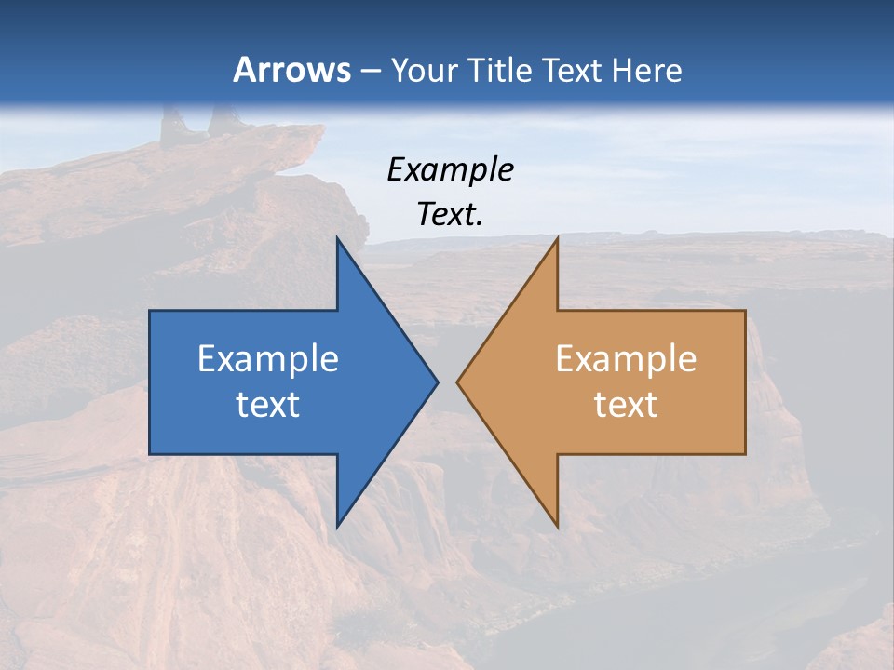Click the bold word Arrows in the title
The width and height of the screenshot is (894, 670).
[291, 70]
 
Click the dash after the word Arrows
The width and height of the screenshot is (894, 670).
[369, 71]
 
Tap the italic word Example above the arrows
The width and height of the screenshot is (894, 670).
[450, 169]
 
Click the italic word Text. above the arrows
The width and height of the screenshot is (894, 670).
[450, 214]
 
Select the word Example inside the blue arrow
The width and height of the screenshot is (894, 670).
[268, 359]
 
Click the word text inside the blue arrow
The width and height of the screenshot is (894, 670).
[268, 404]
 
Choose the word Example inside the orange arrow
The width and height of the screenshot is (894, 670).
[626, 359]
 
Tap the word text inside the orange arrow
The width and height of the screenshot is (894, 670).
[626, 404]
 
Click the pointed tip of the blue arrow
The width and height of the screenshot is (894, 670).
[438, 382]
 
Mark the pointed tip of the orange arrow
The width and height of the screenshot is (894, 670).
[457, 382]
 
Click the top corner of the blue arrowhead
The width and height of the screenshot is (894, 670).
[337, 237]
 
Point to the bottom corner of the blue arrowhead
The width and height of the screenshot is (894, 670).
[337, 528]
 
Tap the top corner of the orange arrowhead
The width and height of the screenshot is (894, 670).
[557, 237]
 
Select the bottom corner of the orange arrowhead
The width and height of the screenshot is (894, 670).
[557, 528]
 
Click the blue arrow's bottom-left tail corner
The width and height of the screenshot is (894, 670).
[150, 454]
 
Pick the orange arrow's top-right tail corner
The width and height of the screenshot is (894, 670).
[745, 311]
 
